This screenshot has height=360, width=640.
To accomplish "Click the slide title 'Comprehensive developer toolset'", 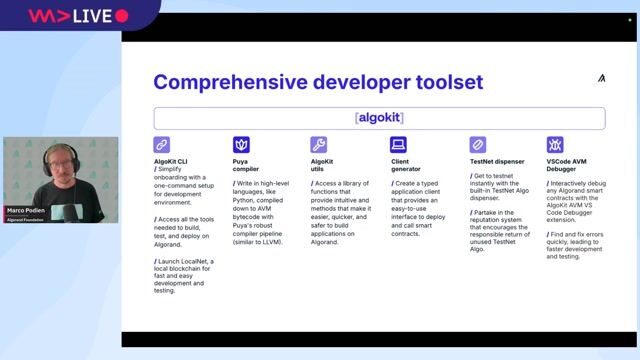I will (317, 82).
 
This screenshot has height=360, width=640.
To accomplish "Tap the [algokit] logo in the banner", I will (379, 118).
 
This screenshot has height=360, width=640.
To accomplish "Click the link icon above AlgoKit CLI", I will (162, 145).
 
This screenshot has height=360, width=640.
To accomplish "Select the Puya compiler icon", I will (240, 145).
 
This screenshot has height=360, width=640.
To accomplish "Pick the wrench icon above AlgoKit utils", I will (319, 145).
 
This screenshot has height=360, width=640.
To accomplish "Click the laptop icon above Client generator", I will (398, 145).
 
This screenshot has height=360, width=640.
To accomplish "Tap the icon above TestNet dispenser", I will (477, 145).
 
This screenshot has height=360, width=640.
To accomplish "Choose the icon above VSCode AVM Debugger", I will (555, 145).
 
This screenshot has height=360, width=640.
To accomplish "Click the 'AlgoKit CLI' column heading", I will (171, 161).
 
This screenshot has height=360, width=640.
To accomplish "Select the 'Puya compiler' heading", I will (246, 165).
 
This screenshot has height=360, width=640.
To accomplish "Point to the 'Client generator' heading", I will (406, 165).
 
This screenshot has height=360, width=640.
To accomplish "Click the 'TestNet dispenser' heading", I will (497, 161).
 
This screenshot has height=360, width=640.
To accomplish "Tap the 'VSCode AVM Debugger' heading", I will (567, 165).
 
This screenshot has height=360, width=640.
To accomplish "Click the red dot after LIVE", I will (122, 16).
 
